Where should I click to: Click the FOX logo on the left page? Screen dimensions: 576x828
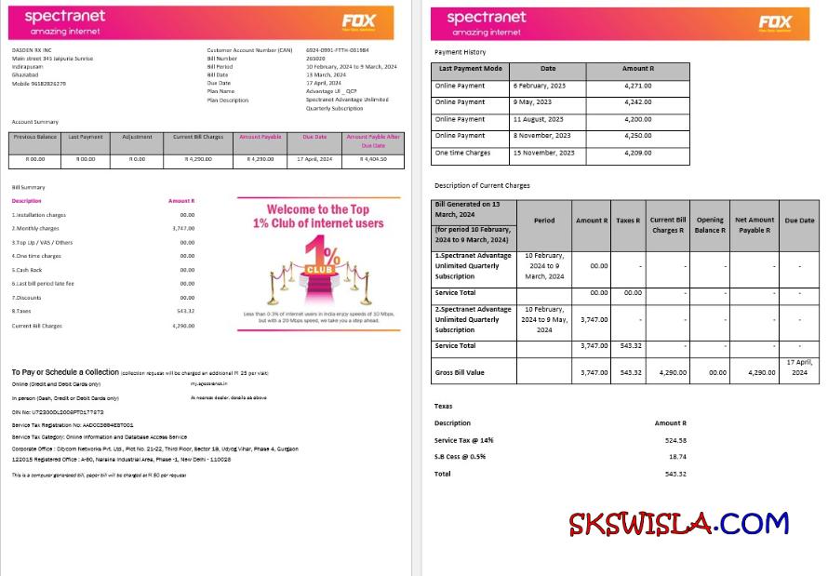[x=358, y=21]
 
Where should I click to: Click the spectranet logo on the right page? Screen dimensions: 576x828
[x=486, y=18]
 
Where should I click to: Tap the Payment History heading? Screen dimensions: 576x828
[x=460, y=52]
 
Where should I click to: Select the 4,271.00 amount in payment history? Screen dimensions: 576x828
[x=637, y=86]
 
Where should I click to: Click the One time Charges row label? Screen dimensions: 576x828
[x=462, y=153]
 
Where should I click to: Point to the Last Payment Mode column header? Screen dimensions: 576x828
[x=470, y=69]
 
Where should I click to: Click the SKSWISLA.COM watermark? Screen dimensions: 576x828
[x=678, y=523]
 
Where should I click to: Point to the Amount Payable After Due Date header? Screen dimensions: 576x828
[x=372, y=141]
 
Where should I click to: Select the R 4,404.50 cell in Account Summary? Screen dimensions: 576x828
[x=372, y=160]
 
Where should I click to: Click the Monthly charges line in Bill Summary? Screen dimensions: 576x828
[x=37, y=228]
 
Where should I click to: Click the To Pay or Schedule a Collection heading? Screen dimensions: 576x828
[x=65, y=372]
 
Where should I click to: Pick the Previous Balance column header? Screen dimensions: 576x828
[x=35, y=138]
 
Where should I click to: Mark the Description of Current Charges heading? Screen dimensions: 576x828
[x=482, y=185]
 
